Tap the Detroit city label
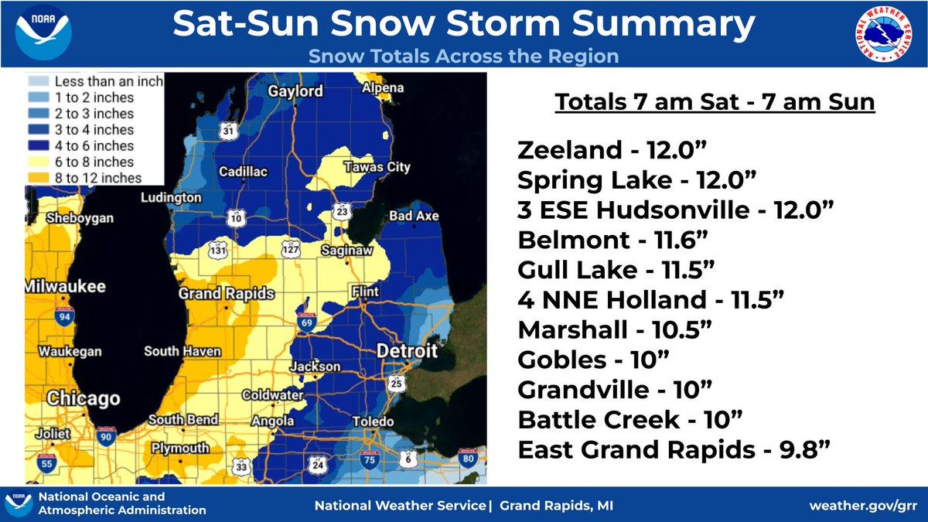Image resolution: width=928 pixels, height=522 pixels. click(x=406, y=352)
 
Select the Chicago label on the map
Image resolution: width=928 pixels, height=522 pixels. click(x=83, y=399)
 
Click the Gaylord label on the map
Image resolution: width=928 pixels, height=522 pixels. click(x=295, y=91)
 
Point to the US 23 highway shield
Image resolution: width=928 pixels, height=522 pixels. click(x=340, y=210)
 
